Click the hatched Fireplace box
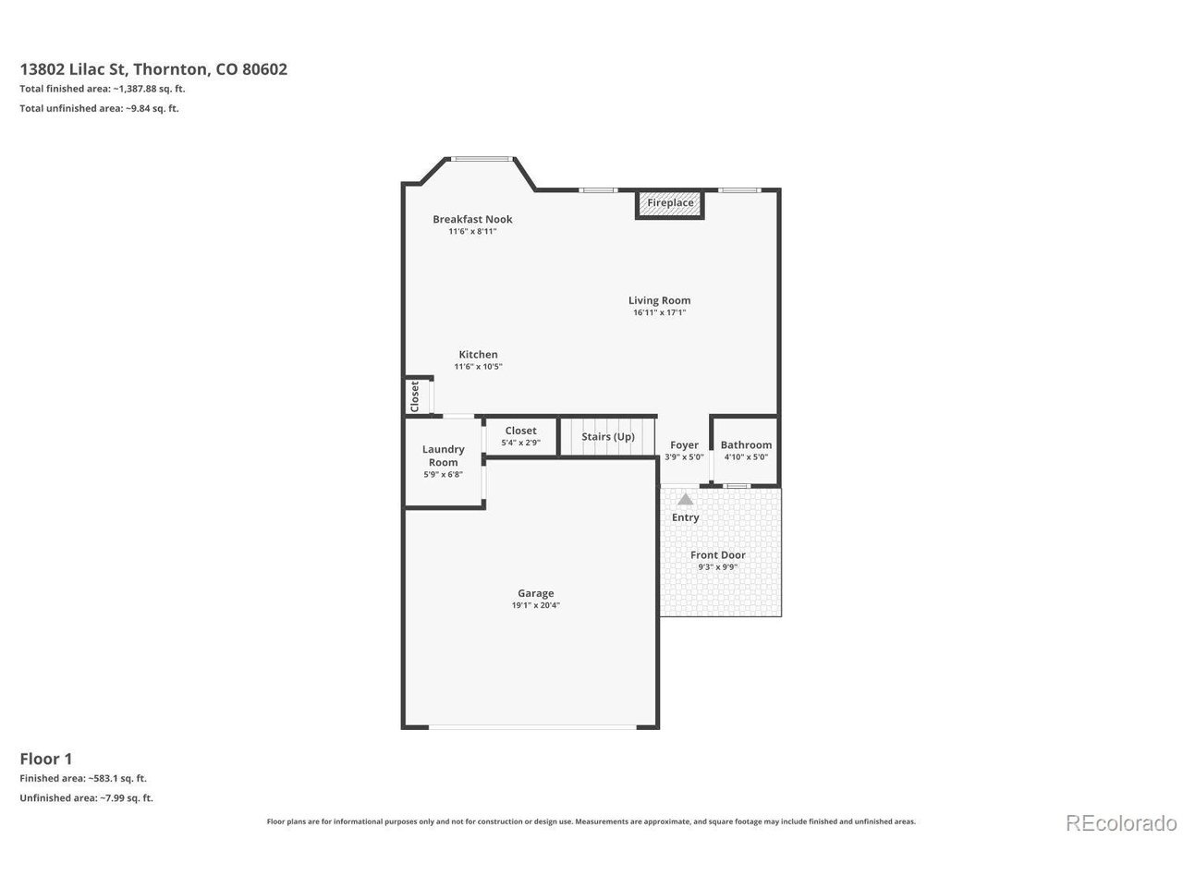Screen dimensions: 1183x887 pos(669,204)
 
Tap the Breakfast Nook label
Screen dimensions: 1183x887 pos(472,219)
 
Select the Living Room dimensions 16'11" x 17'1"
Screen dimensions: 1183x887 pos(659,312)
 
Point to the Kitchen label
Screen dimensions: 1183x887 pos(478,355)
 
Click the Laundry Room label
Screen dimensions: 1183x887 pos(443,456)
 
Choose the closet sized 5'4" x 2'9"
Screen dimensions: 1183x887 pos(520,436)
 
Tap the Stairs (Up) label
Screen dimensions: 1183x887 pos(608,436)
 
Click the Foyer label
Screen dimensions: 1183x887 pos(684,444)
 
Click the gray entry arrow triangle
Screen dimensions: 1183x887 pos(685,499)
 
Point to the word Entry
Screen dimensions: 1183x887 pos(685,517)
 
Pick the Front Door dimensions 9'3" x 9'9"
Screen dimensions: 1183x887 pos(717,566)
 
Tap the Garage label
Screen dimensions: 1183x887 pos(536,593)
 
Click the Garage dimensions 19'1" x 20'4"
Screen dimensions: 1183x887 pos(536,605)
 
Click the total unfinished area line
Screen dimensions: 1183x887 pos(99,108)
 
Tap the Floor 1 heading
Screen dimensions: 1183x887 pos(46,759)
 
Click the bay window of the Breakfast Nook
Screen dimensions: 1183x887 pos(482,159)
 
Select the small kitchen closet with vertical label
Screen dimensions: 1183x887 pos(418,396)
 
